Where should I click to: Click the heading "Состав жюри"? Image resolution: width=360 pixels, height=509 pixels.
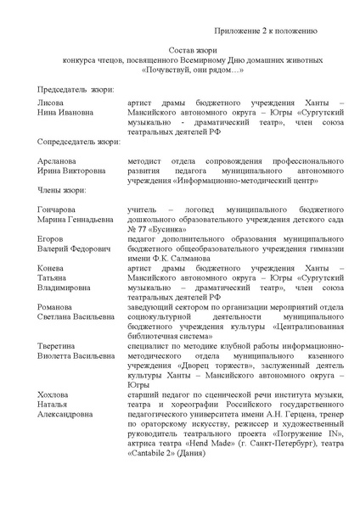point(179,50)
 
